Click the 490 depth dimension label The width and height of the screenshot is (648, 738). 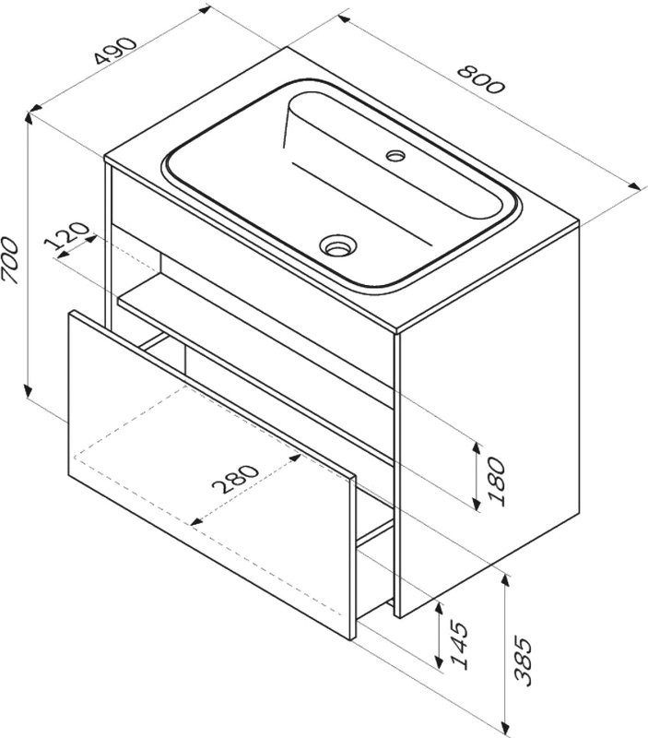coord(115,50)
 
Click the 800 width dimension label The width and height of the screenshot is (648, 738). coord(480,79)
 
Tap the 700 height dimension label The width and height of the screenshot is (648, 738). coord(10,260)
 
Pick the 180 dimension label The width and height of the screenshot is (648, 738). coord(498,482)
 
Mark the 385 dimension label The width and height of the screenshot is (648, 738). coord(523,660)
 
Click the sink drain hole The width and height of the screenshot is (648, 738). coord(337,245)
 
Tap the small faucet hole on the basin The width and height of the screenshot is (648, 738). coord(395,155)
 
